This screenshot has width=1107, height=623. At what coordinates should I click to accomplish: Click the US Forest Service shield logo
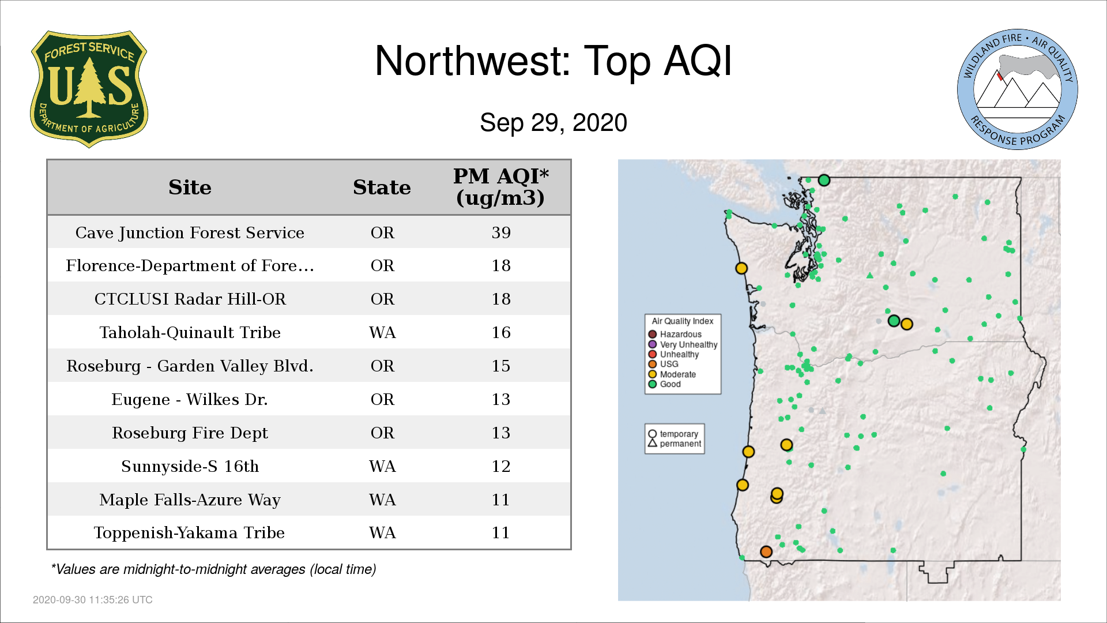coord(89,89)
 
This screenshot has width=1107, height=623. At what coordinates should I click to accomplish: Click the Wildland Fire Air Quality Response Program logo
coord(1017,89)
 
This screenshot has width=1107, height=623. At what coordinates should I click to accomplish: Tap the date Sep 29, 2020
coord(553,123)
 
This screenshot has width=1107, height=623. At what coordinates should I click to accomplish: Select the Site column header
coord(190,187)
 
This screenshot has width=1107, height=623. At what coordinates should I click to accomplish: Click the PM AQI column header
coord(500,187)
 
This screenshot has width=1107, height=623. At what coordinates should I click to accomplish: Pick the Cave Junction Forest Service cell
coord(190,232)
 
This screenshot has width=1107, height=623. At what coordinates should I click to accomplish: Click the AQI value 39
coord(501,232)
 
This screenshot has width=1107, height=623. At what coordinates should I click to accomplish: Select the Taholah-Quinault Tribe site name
coord(190,332)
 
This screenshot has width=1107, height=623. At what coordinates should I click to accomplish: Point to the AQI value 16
coord(501,332)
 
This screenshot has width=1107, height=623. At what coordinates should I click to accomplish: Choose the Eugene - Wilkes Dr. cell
coord(190,399)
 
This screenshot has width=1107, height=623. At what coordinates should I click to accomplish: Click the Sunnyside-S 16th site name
coord(190,466)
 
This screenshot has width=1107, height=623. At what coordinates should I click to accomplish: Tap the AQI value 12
coord(501,466)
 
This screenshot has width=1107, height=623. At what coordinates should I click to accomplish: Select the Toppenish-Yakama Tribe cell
coord(190,532)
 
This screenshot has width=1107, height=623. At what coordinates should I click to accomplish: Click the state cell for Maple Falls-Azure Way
coord(382,500)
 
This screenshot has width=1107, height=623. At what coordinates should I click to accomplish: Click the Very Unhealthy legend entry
coord(683,344)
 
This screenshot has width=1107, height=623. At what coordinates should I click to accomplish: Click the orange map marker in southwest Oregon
coord(766,552)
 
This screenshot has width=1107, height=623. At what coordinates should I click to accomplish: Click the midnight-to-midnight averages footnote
coord(213,569)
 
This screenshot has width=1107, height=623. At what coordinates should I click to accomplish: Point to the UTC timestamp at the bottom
coord(93,600)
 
